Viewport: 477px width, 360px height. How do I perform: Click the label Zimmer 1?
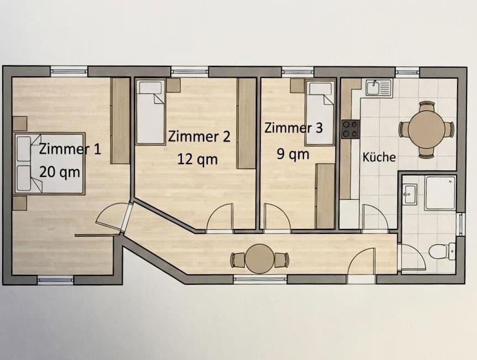click(70, 149)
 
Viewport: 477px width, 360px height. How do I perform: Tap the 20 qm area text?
click(60, 172)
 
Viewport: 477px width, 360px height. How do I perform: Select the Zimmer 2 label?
click(199, 136)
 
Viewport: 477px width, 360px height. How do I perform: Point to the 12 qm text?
click(197, 159)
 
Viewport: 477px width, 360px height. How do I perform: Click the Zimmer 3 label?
click(293, 128)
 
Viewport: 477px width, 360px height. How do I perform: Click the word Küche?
click(379, 157)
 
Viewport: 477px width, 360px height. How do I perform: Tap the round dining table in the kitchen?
click(426, 128)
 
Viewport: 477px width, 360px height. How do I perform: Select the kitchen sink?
click(378, 88)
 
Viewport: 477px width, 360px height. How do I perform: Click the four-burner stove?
click(350, 129)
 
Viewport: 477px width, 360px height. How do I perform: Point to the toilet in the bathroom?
click(440, 252)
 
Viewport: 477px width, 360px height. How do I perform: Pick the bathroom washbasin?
click(410, 193)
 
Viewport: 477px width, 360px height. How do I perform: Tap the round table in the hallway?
click(260, 258)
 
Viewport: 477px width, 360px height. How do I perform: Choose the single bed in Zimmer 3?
click(321, 112)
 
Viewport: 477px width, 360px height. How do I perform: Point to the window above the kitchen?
click(407, 71)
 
